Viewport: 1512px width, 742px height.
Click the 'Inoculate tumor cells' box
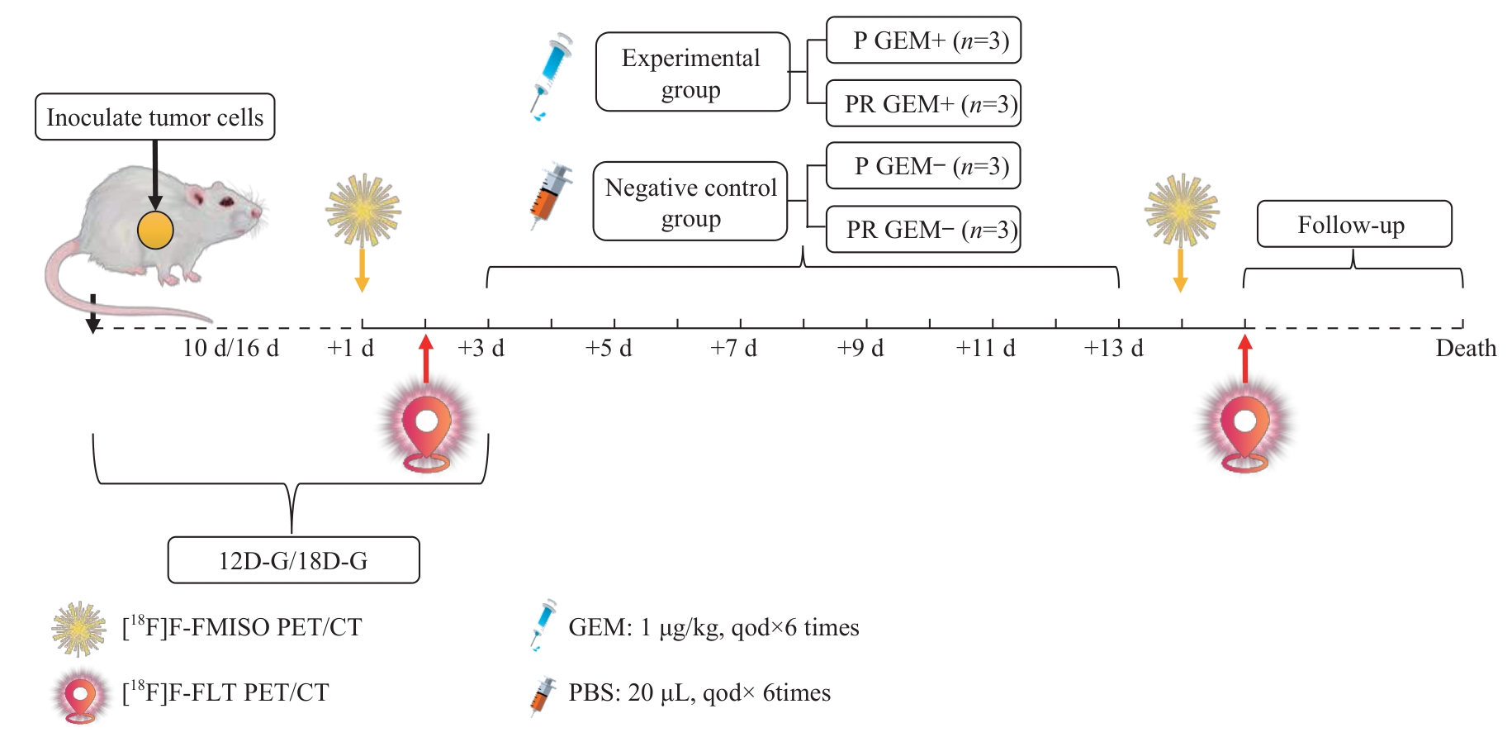click(x=154, y=117)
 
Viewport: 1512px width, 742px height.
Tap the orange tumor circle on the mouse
click(x=155, y=231)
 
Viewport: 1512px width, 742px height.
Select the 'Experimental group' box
click(x=692, y=72)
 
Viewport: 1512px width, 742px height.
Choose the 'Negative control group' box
click(x=690, y=202)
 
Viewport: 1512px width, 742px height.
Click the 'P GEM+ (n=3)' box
click(x=923, y=40)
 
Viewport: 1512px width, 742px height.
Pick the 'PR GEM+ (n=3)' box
click(x=923, y=104)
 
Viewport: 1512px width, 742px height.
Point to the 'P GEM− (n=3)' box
click(x=923, y=166)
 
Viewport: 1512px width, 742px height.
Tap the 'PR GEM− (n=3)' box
click(x=923, y=229)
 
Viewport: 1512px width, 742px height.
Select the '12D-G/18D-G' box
click(x=293, y=560)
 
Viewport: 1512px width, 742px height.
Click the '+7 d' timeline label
click(x=733, y=348)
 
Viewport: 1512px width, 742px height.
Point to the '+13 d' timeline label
click(x=1113, y=348)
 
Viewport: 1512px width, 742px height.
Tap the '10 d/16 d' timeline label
click(x=230, y=348)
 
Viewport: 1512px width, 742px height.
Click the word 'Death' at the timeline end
click(x=1466, y=348)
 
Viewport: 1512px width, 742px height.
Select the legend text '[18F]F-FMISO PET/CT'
click(x=242, y=627)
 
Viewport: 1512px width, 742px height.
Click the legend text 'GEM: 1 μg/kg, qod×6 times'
click(x=713, y=627)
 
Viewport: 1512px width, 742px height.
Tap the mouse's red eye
click(x=225, y=201)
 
